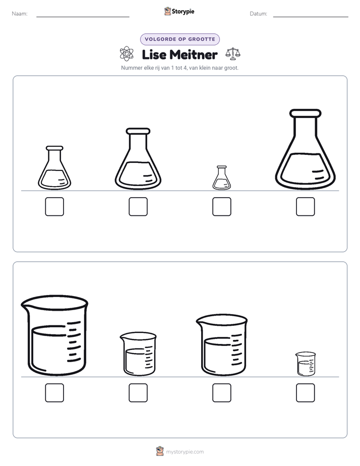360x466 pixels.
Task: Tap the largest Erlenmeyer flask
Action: click(306, 149)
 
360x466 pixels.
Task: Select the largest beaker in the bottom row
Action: click(54, 335)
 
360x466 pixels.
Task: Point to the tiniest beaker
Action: click(306, 364)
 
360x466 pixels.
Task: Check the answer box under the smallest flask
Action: click(221, 207)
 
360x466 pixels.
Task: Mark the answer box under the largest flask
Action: click(306, 207)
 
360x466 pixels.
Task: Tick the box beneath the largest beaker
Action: click(54, 392)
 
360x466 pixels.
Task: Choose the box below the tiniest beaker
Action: click(306, 392)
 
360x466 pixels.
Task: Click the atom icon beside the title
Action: click(127, 54)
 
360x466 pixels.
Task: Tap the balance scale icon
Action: click(233, 54)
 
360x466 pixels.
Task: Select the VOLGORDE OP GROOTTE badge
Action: click(179, 39)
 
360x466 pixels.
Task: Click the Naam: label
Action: click(20, 14)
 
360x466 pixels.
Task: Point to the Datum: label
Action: click(259, 14)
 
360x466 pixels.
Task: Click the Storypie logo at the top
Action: click(179, 11)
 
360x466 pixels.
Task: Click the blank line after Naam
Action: click(83, 17)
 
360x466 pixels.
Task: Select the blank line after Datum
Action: click(311, 17)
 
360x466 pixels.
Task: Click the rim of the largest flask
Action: click(306, 113)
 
